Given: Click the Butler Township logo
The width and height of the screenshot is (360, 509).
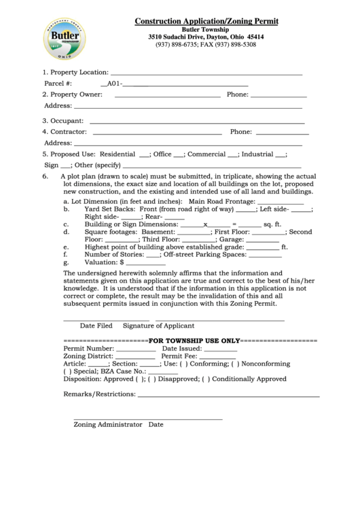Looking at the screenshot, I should (x=69, y=39).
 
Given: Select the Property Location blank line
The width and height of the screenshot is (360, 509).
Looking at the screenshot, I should (x=206, y=72).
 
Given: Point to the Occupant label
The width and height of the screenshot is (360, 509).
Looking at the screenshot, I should (x=62, y=120).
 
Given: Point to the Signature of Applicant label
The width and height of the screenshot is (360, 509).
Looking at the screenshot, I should (x=158, y=326).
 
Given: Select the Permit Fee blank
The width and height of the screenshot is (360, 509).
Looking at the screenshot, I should (x=217, y=355).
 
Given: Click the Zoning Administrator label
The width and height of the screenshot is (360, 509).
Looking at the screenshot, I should (x=107, y=425).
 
